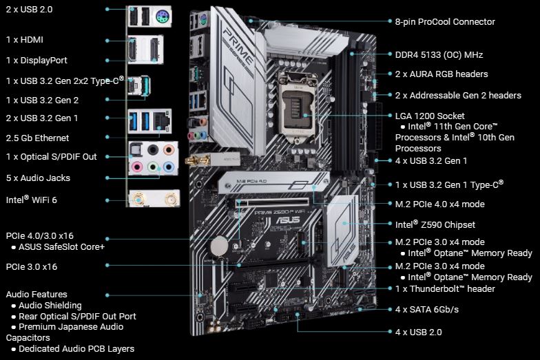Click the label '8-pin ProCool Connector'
[445, 22]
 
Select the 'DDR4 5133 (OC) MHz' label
[439, 54]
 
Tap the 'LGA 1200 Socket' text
[430, 116]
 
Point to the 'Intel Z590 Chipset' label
[435, 224]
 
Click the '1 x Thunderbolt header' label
[445, 288]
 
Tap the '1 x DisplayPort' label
[37, 60]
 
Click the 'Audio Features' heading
[37, 294]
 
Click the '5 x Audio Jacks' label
[38, 178]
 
